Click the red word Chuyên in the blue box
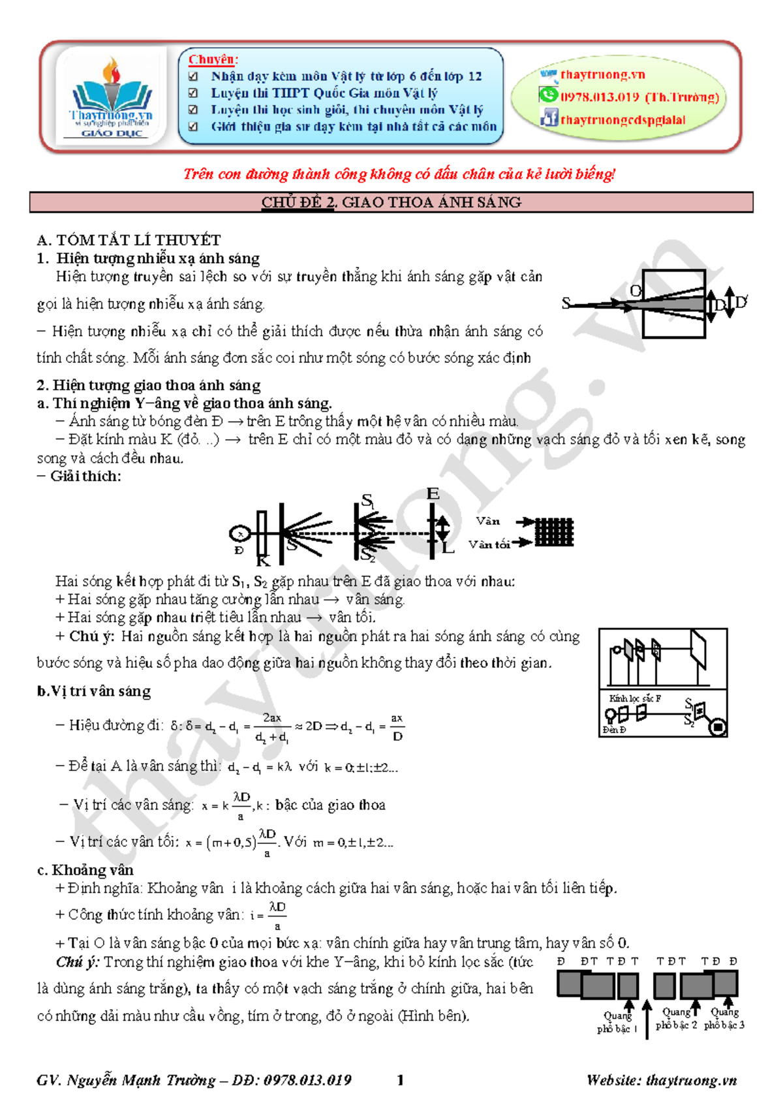click(x=213, y=59)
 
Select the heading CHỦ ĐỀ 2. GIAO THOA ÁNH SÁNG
click(x=391, y=202)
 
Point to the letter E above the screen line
click(x=433, y=494)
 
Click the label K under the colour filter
click(x=263, y=561)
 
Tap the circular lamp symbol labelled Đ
click(x=239, y=534)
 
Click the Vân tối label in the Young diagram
click(x=489, y=544)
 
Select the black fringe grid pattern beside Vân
click(x=554, y=532)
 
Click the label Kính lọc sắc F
click(x=634, y=698)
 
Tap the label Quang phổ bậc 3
click(x=724, y=1019)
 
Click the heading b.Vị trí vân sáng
click(x=94, y=691)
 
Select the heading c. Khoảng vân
click(x=85, y=870)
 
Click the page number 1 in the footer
click(x=400, y=1080)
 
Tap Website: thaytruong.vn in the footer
click(x=661, y=1080)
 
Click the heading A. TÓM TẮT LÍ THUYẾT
click(x=129, y=240)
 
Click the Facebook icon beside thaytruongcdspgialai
click(x=549, y=118)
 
